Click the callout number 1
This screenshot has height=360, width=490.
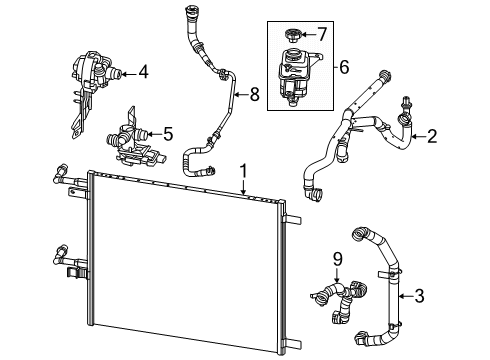tap(244, 171)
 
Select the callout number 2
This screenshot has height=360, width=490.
tap(432, 135)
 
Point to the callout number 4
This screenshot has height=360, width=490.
tap(144, 71)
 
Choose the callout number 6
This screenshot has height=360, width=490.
tap(343, 68)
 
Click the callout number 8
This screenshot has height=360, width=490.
tap(254, 95)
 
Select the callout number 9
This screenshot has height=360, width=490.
tap(337, 258)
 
